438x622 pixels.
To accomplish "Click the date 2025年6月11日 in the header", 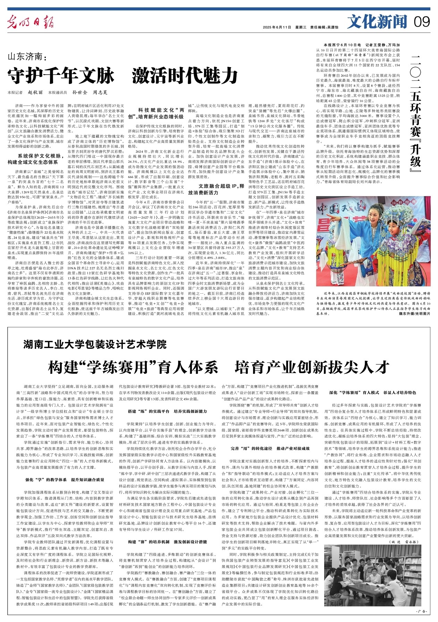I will (277, 27).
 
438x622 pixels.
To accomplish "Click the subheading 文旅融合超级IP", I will (219, 186).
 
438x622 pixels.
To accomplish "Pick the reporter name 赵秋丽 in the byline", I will (35, 93).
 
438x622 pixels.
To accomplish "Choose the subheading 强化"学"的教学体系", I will (65, 480).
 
